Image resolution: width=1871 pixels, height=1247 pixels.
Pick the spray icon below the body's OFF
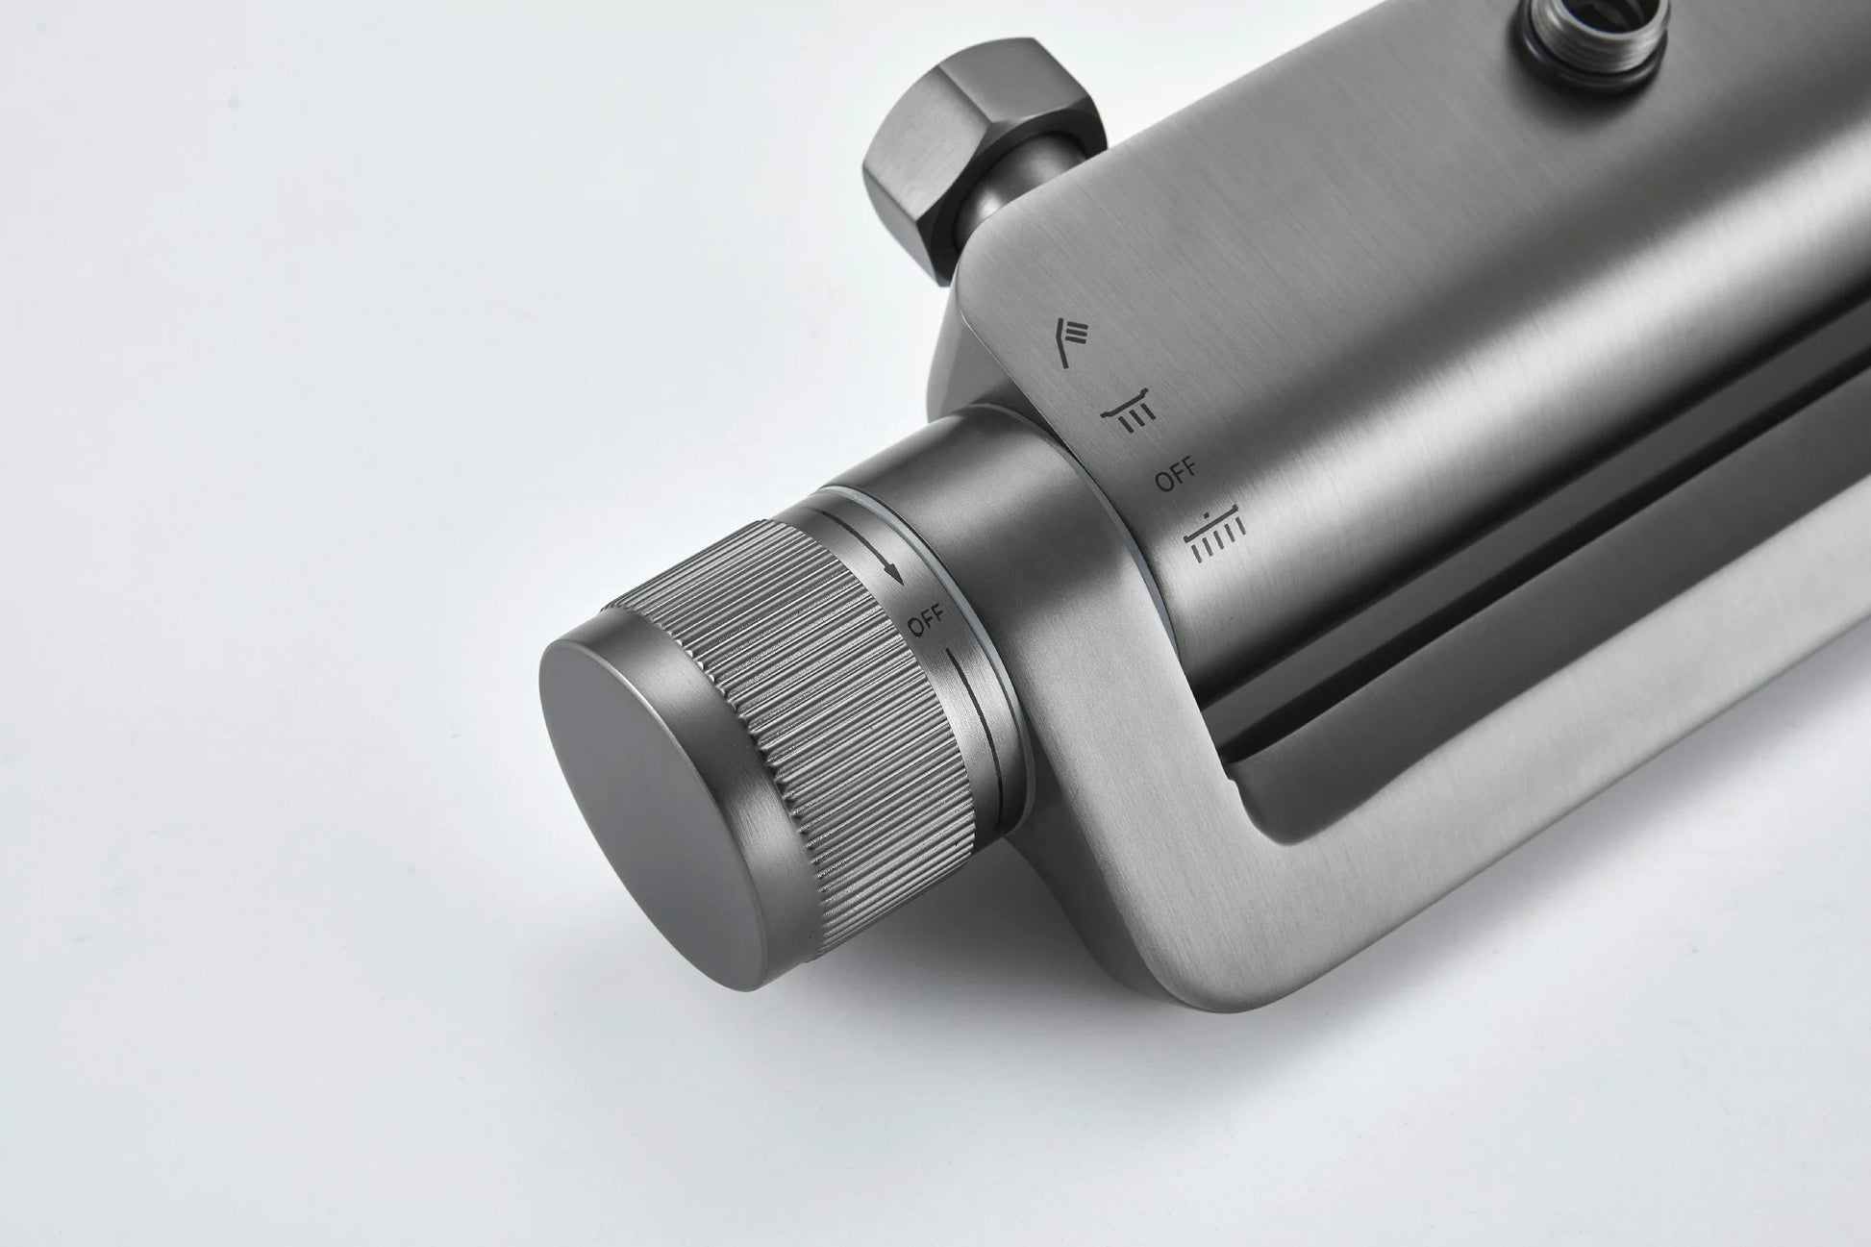click(x=1216, y=532)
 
